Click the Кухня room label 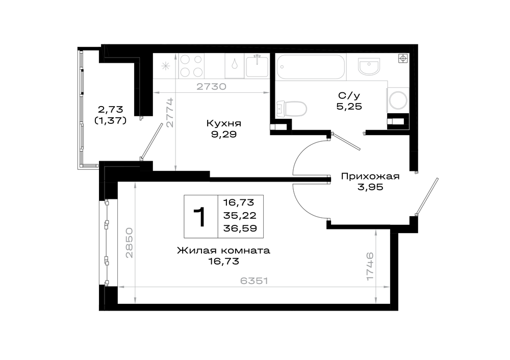tap(224, 123)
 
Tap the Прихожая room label tap(370, 176)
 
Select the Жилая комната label tap(223, 251)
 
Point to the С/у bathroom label tap(349, 96)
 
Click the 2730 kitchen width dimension tap(212, 87)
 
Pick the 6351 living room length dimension tap(254, 280)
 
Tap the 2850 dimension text tap(129, 243)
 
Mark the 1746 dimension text tap(370, 267)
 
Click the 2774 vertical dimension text tap(170, 113)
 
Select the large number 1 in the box tap(200, 217)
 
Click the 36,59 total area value tap(240, 228)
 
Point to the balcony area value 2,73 tap(111, 109)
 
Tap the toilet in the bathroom tap(291, 109)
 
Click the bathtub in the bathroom tap(310, 67)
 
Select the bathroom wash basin tap(369, 67)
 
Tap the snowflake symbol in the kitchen tap(166, 66)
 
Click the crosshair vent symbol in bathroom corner tap(403, 59)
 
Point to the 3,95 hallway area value tap(370, 187)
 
